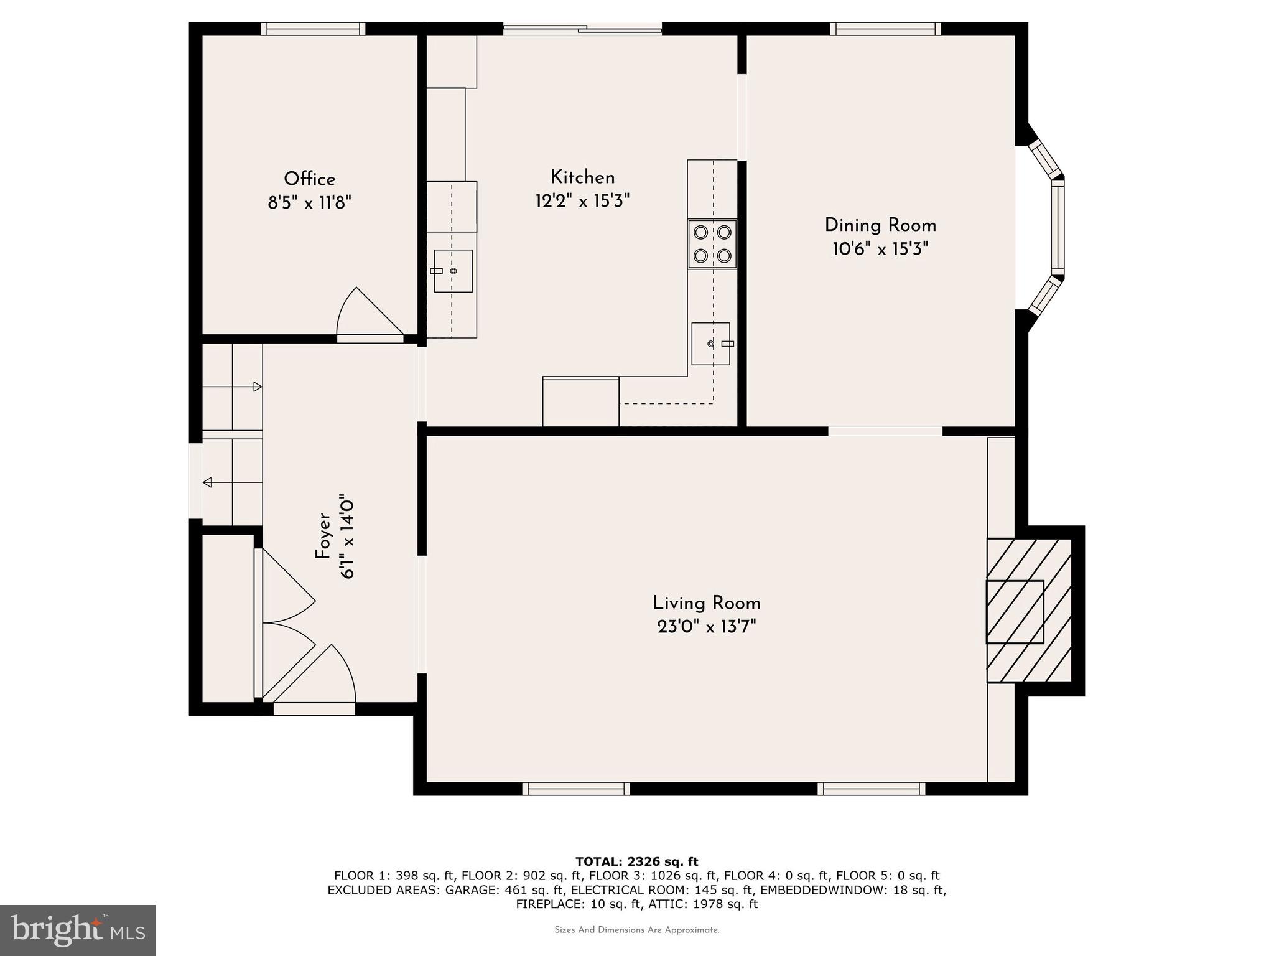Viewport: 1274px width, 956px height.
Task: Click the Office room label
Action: [310, 179]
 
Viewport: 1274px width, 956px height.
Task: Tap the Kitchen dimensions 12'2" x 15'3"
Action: [583, 201]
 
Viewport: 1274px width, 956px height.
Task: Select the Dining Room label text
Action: [880, 225]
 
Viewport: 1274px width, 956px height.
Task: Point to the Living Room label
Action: [707, 603]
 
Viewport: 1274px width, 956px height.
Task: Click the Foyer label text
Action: [322, 535]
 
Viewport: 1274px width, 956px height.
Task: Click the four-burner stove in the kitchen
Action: [712, 244]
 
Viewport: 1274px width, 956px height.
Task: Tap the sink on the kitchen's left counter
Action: [453, 271]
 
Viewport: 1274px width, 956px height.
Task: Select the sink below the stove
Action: [711, 344]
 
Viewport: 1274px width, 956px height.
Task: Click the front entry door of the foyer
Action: [314, 708]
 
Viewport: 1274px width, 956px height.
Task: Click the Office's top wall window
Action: [313, 29]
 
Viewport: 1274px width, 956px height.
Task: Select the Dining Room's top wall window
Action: [885, 29]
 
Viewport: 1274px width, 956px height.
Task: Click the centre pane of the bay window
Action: [1058, 228]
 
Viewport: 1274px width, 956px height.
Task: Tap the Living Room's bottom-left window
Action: [576, 789]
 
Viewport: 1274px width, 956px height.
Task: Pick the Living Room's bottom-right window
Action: [871, 789]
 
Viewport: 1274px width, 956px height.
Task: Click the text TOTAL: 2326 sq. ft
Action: [637, 861]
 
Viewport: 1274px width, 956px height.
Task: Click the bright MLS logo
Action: [78, 929]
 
